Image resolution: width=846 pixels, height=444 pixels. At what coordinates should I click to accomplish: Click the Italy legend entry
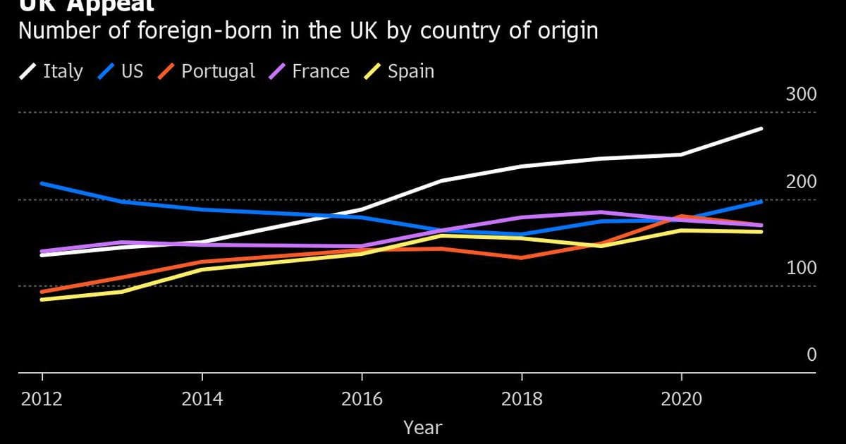pos(51,71)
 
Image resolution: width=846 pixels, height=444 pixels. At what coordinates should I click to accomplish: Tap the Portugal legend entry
pos(207,71)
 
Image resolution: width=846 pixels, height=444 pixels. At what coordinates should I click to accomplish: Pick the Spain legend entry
pos(400,71)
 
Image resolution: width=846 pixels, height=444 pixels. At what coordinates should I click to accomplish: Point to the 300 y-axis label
pos(801,95)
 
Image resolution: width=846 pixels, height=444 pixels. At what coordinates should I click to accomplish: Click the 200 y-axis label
pos(801,182)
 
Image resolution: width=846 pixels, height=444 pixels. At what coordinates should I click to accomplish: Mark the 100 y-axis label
pos(801,269)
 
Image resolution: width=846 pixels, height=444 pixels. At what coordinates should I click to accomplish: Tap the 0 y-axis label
pos(811,355)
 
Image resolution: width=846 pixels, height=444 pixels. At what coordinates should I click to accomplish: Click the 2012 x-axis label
pos(42,400)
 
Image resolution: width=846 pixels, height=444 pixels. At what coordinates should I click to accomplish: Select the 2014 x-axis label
pos(202,400)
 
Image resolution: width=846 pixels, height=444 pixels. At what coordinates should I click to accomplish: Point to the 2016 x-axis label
pos(362,400)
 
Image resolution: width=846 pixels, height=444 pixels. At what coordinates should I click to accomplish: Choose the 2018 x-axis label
pos(522,400)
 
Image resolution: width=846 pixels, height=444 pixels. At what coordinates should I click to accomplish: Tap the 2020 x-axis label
pos(681,400)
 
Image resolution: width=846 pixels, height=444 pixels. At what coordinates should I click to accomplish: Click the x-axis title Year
pos(423,427)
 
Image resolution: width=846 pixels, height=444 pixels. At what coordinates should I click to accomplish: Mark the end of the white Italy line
pos(761,128)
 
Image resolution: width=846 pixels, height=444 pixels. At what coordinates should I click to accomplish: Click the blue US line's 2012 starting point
pos(42,183)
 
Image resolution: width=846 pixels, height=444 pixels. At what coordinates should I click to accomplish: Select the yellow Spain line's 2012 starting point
pos(42,300)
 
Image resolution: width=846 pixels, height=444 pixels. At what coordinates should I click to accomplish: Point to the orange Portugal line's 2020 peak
pos(681,216)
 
